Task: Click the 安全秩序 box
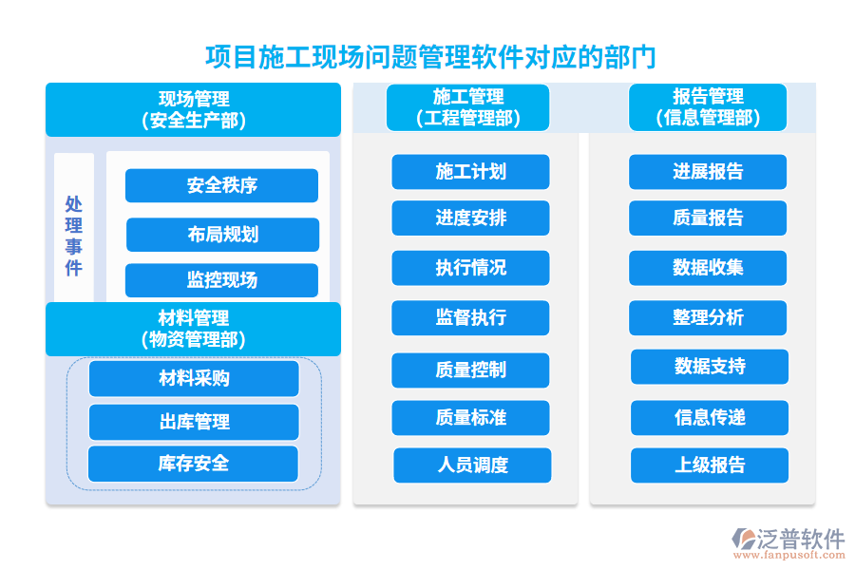click(221, 185)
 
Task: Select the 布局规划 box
click(222, 235)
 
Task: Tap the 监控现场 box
click(221, 280)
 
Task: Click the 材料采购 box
click(194, 378)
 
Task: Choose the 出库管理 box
click(194, 422)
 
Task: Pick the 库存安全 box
click(193, 464)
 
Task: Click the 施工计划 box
click(470, 172)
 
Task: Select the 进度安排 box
click(470, 218)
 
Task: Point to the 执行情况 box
click(470, 268)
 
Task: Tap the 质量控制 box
click(470, 370)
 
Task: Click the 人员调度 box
click(472, 465)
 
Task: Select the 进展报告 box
click(708, 172)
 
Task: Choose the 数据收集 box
click(708, 268)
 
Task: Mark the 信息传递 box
click(710, 418)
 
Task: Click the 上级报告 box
click(710, 465)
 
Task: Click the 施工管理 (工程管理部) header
click(467, 107)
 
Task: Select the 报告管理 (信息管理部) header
click(708, 107)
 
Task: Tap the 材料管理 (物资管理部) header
click(193, 329)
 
